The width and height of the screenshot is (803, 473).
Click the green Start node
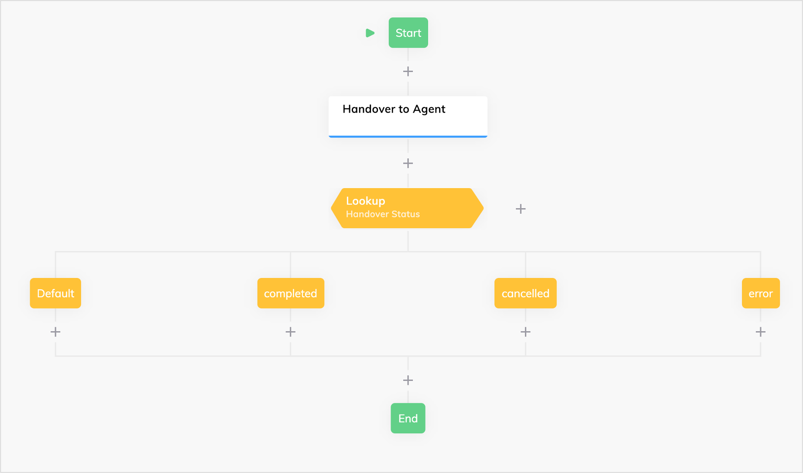tap(408, 33)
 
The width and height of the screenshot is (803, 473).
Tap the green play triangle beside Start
tap(370, 33)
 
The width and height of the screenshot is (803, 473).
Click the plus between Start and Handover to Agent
tap(408, 72)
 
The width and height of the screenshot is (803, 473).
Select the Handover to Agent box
tap(408, 117)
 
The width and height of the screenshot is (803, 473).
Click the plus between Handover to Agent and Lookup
tap(408, 163)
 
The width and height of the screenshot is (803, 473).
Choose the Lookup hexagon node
tap(407, 208)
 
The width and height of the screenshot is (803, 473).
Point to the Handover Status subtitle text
tap(383, 214)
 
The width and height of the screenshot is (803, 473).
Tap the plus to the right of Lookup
tap(521, 209)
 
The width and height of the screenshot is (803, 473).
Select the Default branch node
tap(55, 293)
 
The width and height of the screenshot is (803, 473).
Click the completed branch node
tap(291, 293)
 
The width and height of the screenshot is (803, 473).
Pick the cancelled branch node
tap(525, 293)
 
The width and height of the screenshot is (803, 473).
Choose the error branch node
tap(761, 293)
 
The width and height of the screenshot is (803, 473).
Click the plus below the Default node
tap(55, 332)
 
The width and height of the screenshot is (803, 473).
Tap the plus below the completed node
tap(291, 332)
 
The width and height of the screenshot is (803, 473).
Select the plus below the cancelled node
tap(525, 332)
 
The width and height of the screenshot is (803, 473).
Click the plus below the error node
tap(761, 332)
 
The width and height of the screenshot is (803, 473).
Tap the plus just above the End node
tap(408, 380)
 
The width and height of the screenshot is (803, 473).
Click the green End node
tap(408, 418)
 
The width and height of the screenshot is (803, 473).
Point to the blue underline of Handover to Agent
tap(408, 137)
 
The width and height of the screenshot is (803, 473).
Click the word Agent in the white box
tap(429, 110)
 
